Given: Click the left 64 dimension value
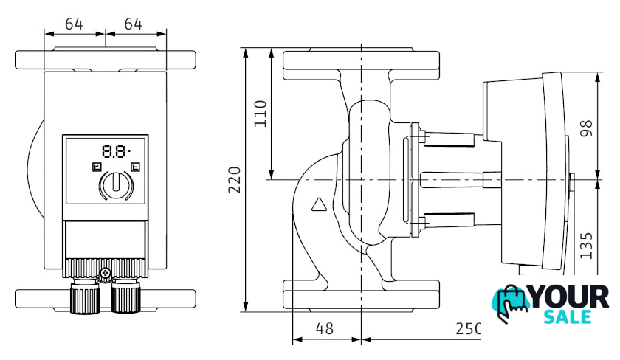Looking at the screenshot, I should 74,24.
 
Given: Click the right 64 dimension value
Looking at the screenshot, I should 133,24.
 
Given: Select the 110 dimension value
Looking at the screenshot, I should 261,114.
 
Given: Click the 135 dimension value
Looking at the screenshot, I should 587,245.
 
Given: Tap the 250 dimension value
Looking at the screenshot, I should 467,329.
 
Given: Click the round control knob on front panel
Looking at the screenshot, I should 114,184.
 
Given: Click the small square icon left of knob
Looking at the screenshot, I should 95,167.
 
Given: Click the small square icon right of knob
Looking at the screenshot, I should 134,167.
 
